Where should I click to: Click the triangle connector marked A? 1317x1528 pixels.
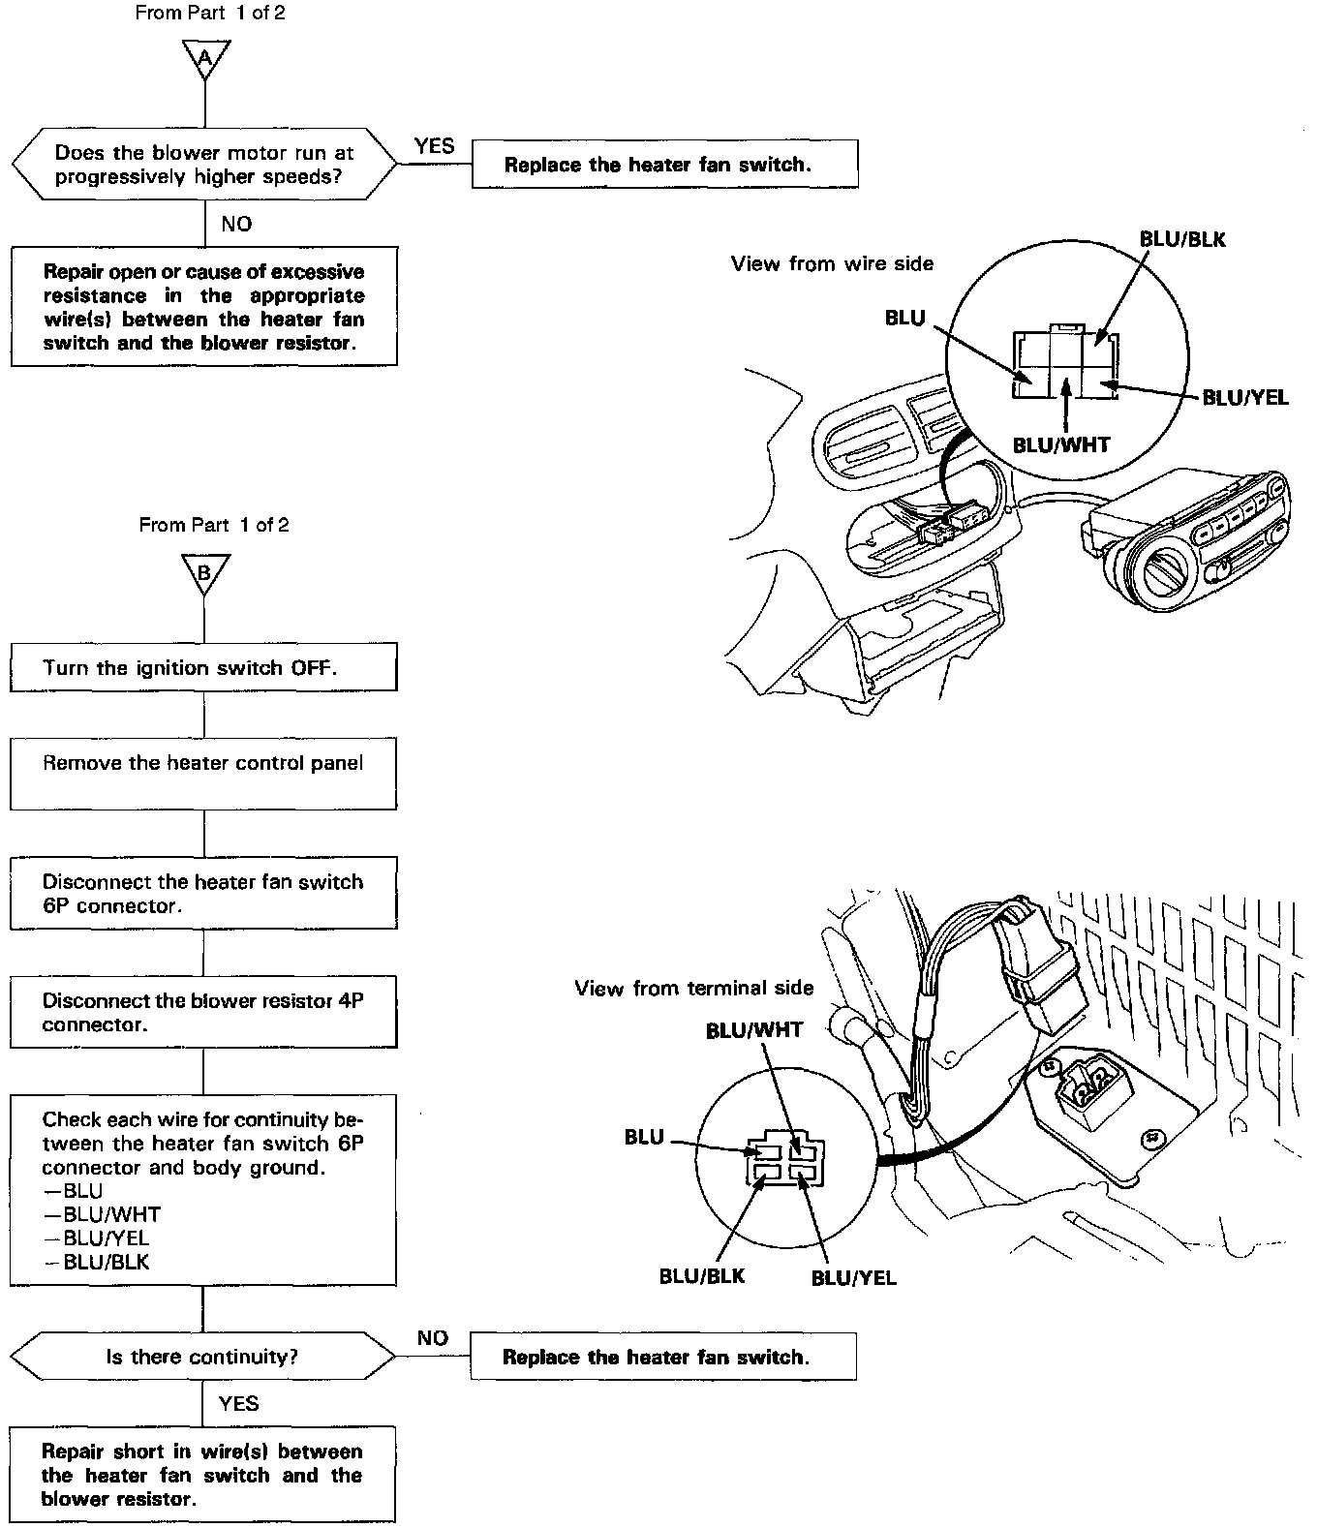pyautogui.click(x=204, y=58)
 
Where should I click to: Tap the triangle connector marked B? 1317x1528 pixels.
pyautogui.click(x=204, y=572)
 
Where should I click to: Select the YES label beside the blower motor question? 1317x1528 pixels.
pyautogui.click(x=434, y=146)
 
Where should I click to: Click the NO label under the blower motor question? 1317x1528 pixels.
pyautogui.click(x=236, y=225)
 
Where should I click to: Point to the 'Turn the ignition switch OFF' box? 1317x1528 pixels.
pyautogui.click(x=203, y=668)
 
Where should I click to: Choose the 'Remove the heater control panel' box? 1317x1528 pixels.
pyautogui.click(x=203, y=774)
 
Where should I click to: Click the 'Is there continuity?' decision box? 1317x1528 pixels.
pyautogui.click(x=203, y=1357)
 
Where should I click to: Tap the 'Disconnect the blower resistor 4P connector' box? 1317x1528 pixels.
pyautogui.click(x=203, y=1012)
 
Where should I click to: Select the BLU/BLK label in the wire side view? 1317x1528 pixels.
pyautogui.click(x=1181, y=240)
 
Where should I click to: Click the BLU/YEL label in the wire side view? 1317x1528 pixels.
pyautogui.click(x=1245, y=398)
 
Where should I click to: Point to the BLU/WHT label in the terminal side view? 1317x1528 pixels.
pyautogui.click(x=754, y=1030)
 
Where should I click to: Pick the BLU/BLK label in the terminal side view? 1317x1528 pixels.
pyautogui.click(x=702, y=1276)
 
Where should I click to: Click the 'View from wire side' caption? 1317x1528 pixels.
pyautogui.click(x=832, y=263)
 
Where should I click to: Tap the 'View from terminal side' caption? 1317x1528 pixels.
pyautogui.click(x=693, y=989)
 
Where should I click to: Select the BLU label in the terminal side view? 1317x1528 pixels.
pyautogui.click(x=644, y=1138)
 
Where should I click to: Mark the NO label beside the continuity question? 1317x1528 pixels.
pyautogui.click(x=432, y=1338)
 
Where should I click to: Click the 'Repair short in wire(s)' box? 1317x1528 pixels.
pyautogui.click(x=202, y=1475)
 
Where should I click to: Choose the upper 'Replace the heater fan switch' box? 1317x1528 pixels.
pyautogui.click(x=664, y=165)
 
